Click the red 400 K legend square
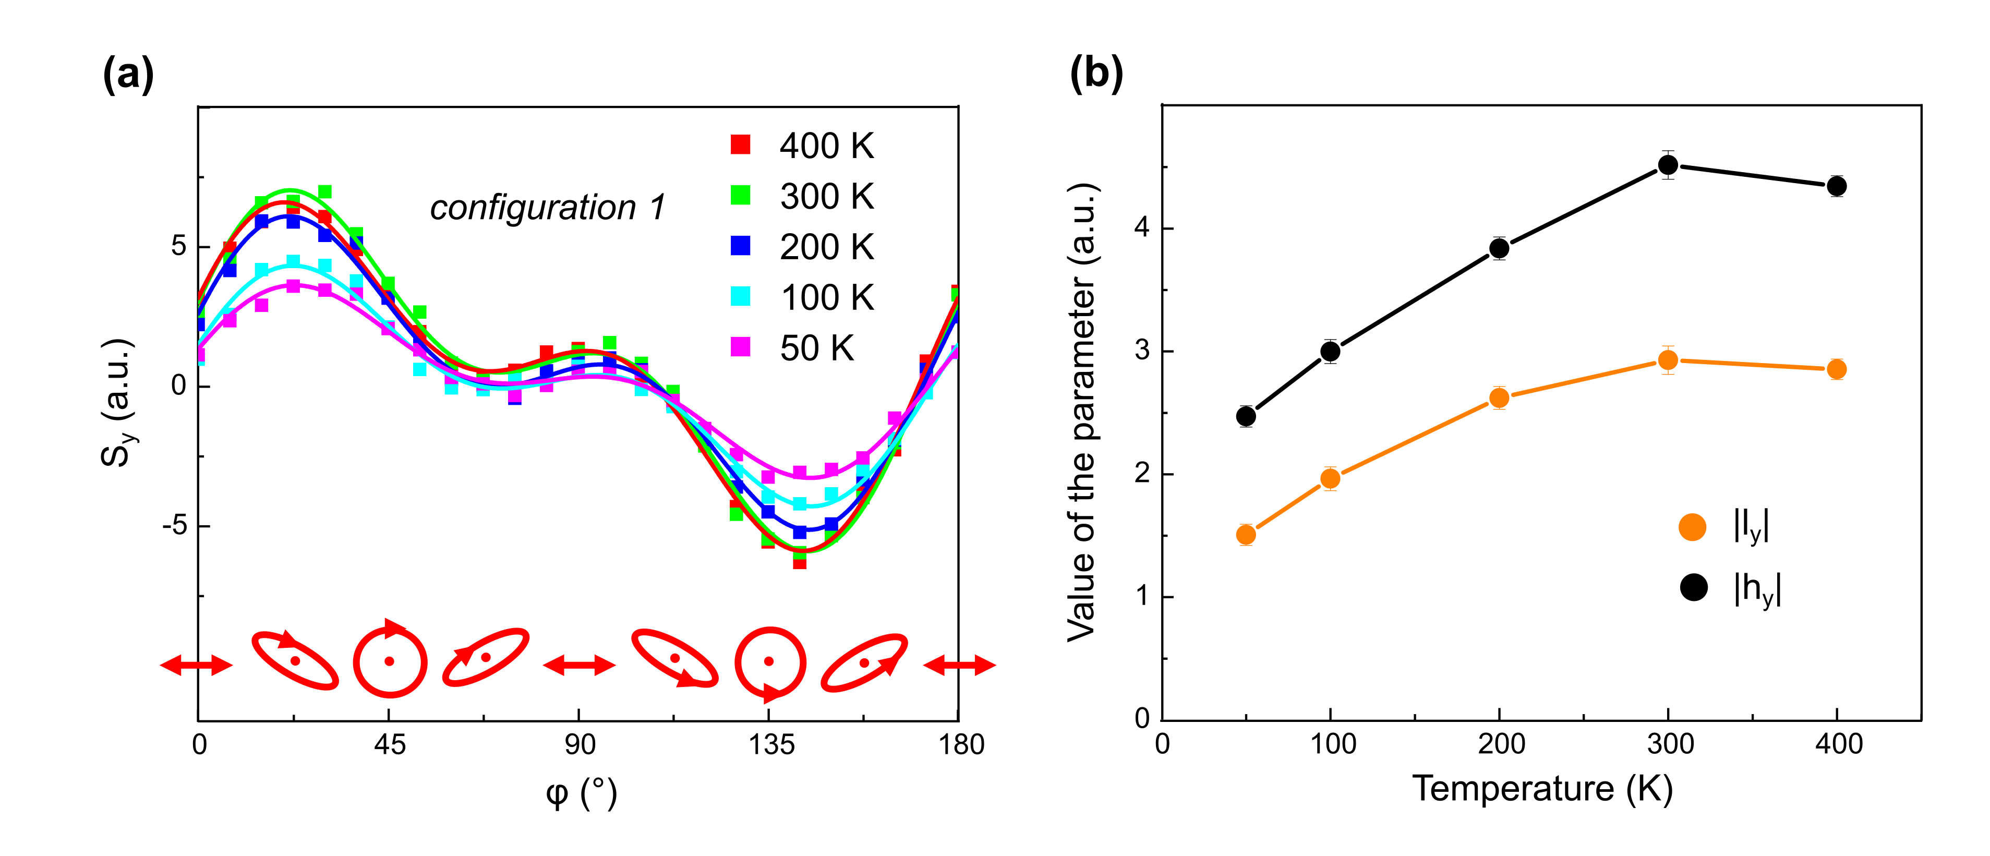740,144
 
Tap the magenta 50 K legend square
740,347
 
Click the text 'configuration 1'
547,207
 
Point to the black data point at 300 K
1668,164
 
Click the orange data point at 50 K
1245,534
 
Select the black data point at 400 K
1837,186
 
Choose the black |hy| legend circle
1693,587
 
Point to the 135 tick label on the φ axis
770,745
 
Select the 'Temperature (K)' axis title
1542,789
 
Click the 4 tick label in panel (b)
1142,228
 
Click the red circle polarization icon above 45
390,661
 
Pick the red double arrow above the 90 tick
580,665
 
